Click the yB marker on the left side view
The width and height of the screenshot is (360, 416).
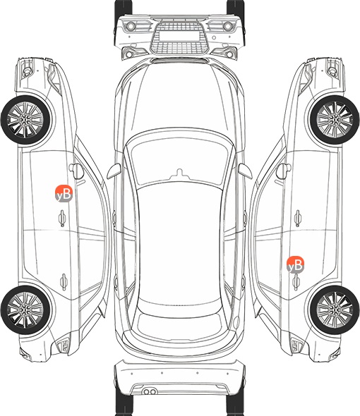64,194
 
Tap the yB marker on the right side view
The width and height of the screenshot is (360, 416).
296,265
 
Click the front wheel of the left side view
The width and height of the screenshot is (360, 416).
25,120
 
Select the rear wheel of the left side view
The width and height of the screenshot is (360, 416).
25,310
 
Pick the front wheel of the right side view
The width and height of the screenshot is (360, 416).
335,120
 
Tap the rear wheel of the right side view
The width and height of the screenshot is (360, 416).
335,310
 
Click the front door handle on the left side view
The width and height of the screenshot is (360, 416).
62,219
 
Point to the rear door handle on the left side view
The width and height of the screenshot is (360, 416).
64,282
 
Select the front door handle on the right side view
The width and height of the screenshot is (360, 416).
298,219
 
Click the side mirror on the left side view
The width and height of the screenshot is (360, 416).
76,171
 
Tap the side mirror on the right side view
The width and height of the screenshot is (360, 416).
284,171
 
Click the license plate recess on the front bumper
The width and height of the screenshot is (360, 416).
179,35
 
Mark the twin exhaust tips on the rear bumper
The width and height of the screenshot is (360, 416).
150,392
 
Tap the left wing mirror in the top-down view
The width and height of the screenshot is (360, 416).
114,171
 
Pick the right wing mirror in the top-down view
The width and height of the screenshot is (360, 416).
245,171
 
